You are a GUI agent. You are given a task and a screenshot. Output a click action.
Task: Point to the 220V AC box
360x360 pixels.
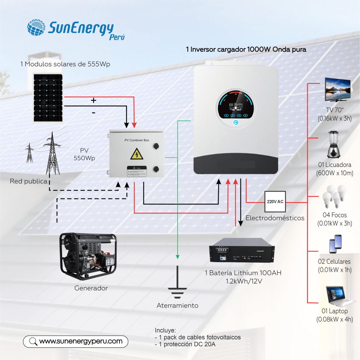pos(275,202)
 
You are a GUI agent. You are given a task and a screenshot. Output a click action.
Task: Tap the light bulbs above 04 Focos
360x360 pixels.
pos(333,195)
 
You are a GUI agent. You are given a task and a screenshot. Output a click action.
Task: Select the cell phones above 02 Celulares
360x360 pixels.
pos(335,244)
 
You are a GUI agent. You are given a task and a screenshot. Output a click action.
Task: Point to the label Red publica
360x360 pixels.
pos(28,181)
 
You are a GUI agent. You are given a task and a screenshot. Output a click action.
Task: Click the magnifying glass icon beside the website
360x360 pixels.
pos(33,341)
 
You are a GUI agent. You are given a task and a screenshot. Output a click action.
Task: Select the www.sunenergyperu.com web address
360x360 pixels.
pos(81,341)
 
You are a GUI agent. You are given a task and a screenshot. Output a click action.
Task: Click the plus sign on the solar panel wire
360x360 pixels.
pos(94,101)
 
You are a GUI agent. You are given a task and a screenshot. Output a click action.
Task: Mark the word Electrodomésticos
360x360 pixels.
pos(275,218)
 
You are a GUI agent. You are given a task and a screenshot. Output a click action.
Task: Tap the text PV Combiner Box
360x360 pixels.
pos(137,140)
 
